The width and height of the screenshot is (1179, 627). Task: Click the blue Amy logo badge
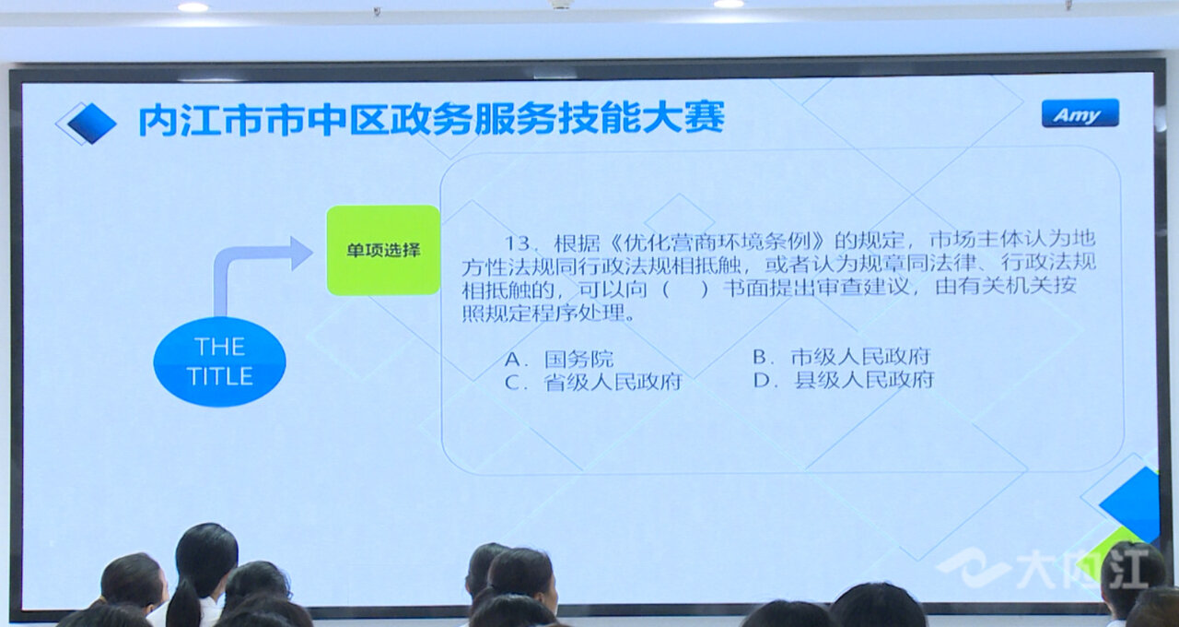pos(1080,113)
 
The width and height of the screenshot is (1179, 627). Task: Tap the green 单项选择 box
pos(383,250)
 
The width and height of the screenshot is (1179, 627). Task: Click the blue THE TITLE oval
pos(219,361)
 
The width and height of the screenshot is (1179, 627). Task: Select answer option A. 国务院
pos(559,360)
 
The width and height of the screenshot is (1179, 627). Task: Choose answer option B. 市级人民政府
pos(842,357)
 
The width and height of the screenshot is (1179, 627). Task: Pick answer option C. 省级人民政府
pos(593,382)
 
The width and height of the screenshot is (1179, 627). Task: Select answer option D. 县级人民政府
pos(844,379)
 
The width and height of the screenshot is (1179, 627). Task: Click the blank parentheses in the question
pos(684,290)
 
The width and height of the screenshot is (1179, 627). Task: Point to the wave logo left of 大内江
pos(973,568)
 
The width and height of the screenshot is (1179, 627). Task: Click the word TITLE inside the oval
pos(219,376)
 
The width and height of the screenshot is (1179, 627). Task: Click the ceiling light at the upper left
pos(193,6)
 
